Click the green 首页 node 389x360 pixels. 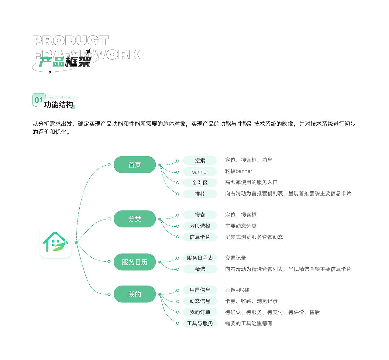coord(135,165)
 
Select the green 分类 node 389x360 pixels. coord(135,219)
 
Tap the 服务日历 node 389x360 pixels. coord(135,262)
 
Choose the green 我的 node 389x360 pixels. coord(135,294)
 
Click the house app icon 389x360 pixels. coord(56,242)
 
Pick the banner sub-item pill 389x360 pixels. coord(200,172)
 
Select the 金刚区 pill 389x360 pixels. coord(200,183)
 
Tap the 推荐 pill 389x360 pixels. coord(200,194)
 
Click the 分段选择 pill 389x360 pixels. coord(200,226)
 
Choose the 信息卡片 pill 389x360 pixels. coord(200,237)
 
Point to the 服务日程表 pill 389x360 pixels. coord(200,258)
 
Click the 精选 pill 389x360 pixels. coord(200,269)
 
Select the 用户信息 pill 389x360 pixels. coord(200,290)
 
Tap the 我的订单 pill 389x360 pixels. coord(200,312)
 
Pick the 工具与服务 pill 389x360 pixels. coord(200,323)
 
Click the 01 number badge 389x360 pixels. coord(39,100)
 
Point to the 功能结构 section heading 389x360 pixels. coord(58,105)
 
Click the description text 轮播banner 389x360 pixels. coord(239,171)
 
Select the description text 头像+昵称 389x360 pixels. coord(237,290)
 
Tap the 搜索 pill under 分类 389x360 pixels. coord(200,215)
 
